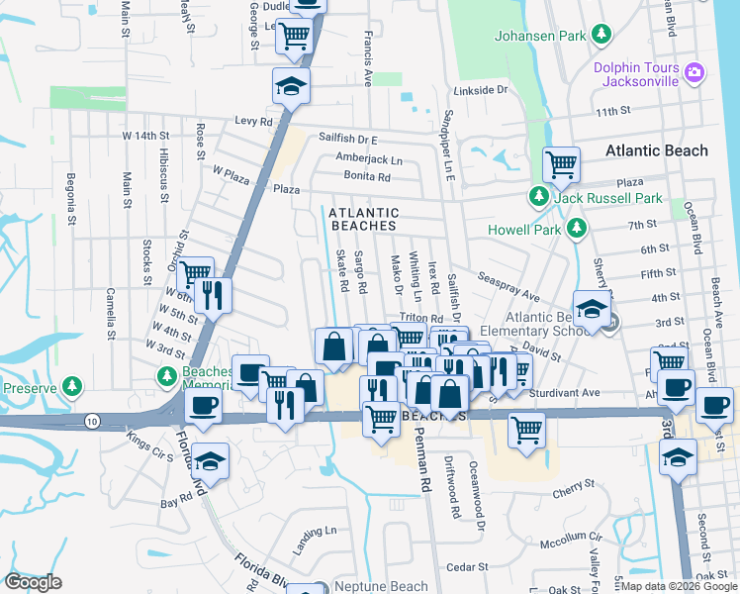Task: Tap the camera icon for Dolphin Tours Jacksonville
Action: point(694,71)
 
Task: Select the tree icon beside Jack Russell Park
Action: point(539,198)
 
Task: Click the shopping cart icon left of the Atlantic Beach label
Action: point(562,163)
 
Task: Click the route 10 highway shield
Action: point(91,421)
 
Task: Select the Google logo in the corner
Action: point(33,582)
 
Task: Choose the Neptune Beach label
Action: point(381,586)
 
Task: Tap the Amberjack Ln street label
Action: point(369,159)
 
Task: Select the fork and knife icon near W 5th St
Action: point(213,294)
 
